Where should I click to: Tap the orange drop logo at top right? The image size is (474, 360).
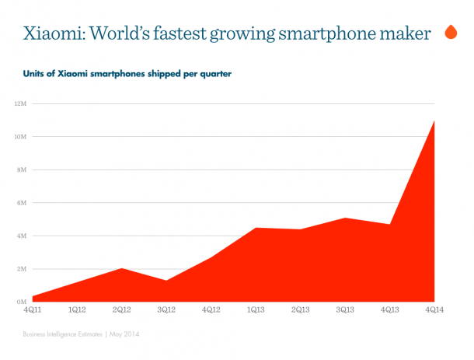pos(450,33)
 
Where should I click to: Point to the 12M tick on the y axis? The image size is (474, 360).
pos(20,103)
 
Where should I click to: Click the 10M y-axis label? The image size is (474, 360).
pos(20,137)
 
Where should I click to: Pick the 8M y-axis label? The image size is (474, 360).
pos(21,170)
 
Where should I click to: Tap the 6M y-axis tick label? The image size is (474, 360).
pos(21,203)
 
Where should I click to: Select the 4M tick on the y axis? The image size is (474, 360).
pos(21,236)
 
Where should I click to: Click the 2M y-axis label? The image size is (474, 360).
pos(21,269)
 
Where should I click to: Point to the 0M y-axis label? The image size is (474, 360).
pos(21,302)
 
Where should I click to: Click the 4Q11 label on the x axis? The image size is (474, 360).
pos(32,309)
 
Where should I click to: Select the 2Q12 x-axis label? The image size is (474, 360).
pos(121,309)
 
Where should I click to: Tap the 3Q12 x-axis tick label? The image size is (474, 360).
pos(166,309)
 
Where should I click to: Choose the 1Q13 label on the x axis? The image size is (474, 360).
pos(255,309)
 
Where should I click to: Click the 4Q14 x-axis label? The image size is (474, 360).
pos(433,309)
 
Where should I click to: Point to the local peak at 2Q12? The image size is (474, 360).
pos(121,269)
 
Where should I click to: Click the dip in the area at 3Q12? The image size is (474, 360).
pos(166,281)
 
